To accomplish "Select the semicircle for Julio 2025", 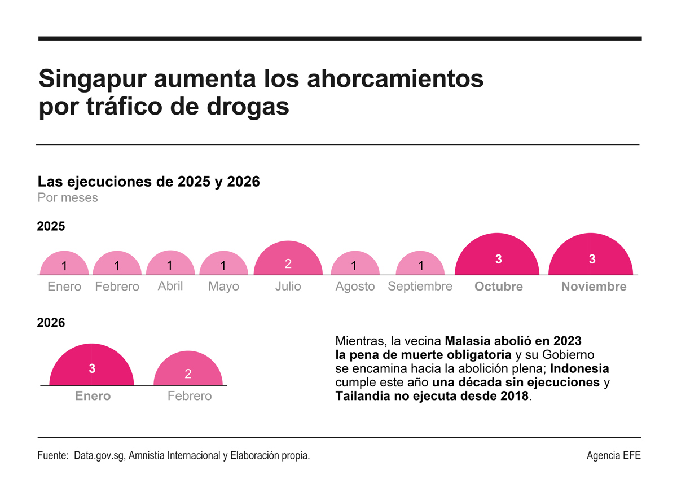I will click(288, 261).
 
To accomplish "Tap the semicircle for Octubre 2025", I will click(498, 257).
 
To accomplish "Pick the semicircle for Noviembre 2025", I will click(591, 257).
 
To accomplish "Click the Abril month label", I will click(170, 286).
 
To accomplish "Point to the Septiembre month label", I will click(420, 286).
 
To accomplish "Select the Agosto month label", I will click(355, 287).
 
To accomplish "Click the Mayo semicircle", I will click(223, 264).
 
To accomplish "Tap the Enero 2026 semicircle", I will click(92, 367).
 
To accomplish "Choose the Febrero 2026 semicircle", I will click(188, 371).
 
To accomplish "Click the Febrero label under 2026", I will click(190, 396).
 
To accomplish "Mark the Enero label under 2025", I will click(64, 287).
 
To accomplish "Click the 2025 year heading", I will click(51, 227).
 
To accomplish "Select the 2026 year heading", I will click(51, 323).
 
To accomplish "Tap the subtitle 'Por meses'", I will click(68, 198).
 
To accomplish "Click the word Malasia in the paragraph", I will click(467, 341).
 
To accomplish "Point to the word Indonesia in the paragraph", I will click(579, 369).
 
